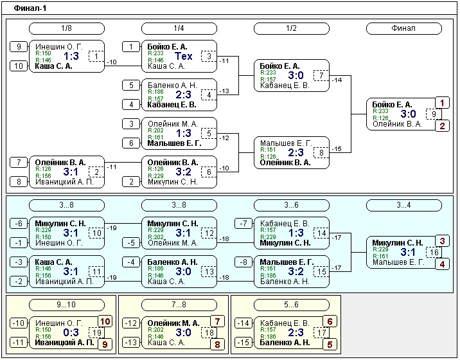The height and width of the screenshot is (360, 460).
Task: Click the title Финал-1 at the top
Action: click(30, 8)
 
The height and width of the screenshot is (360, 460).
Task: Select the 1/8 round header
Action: click(67, 28)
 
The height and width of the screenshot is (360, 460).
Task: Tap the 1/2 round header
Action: click(291, 28)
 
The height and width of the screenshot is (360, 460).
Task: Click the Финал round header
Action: click(403, 28)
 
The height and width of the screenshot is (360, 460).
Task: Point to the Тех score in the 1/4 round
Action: click(183, 56)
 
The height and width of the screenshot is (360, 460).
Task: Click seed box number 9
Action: click(19, 47)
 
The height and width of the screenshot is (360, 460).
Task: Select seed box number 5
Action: click(131, 85)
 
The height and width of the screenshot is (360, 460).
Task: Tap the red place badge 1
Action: click(442, 103)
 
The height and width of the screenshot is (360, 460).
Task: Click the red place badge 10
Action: click(105, 321)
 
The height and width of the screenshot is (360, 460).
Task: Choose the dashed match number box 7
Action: click(321, 75)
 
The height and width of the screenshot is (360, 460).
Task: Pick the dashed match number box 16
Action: click(434, 252)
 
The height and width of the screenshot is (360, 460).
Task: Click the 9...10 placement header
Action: click(67, 305)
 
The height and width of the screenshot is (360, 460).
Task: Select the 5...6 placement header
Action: click(291, 305)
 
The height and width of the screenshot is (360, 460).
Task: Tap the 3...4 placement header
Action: click(403, 205)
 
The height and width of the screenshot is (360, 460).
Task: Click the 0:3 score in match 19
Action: click(71, 332)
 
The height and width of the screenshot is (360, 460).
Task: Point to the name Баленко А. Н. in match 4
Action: click(172, 85)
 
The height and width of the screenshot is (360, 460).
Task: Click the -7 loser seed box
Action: click(243, 224)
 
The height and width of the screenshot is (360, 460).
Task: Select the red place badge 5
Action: click(330, 345)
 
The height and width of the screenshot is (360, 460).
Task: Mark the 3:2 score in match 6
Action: click(183, 172)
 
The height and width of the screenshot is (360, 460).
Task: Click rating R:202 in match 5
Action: click(155, 130)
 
